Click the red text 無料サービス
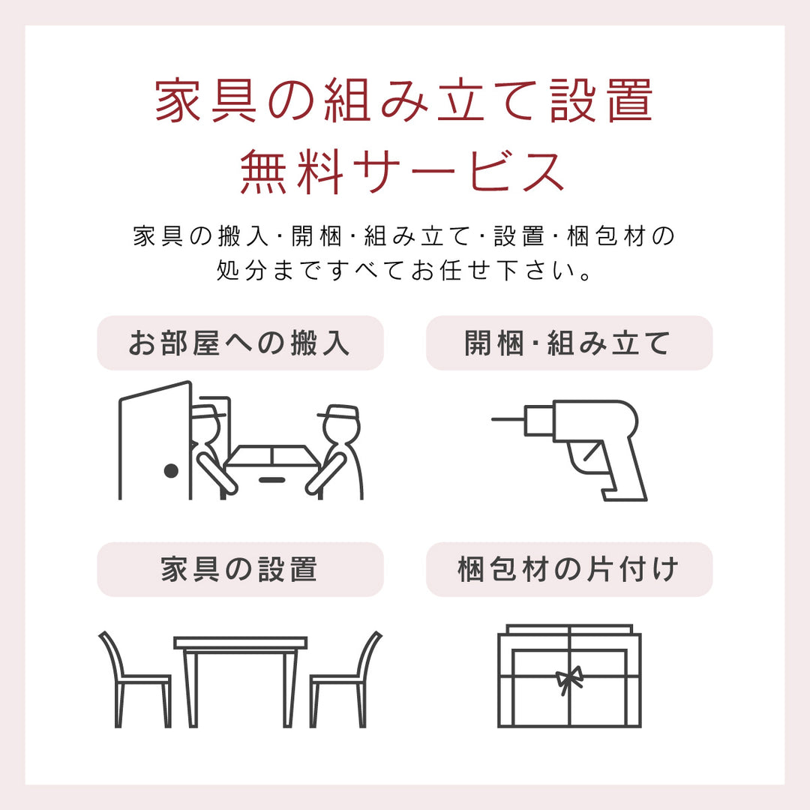point(403,172)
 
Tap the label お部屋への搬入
point(240,343)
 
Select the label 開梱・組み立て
point(568,343)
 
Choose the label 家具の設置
point(240,569)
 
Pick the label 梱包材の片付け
point(568,569)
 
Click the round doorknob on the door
point(171,471)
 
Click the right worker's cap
point(338,412)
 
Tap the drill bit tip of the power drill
point(495,418)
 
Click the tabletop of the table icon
point(240,643)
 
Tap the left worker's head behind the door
point(207,427)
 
